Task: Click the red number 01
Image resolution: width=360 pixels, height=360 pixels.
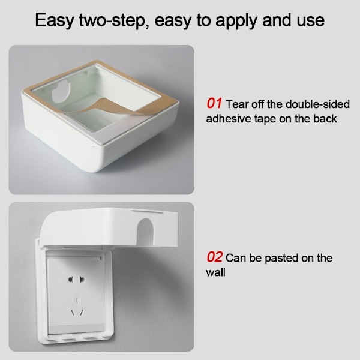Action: [214, 103]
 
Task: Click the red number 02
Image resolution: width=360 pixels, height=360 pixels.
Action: [214, 257]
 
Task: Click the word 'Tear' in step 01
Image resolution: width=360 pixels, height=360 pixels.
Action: [237, 104]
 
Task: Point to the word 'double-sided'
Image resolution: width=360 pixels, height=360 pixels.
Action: [317, 104]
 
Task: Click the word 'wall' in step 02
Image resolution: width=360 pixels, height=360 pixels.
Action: [215, 272]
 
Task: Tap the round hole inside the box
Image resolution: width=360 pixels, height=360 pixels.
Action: [61, 91]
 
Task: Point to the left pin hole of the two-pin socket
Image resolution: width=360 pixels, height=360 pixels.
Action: [70, 280]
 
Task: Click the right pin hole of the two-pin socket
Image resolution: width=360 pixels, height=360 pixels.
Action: [82, 280]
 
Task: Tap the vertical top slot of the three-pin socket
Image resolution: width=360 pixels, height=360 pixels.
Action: [77, 301]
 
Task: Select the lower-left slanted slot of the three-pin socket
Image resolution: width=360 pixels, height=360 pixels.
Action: [73, 313]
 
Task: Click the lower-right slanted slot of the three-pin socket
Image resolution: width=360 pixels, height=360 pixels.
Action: [82, 313]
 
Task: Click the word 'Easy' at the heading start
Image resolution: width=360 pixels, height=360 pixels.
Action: [55, 20]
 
